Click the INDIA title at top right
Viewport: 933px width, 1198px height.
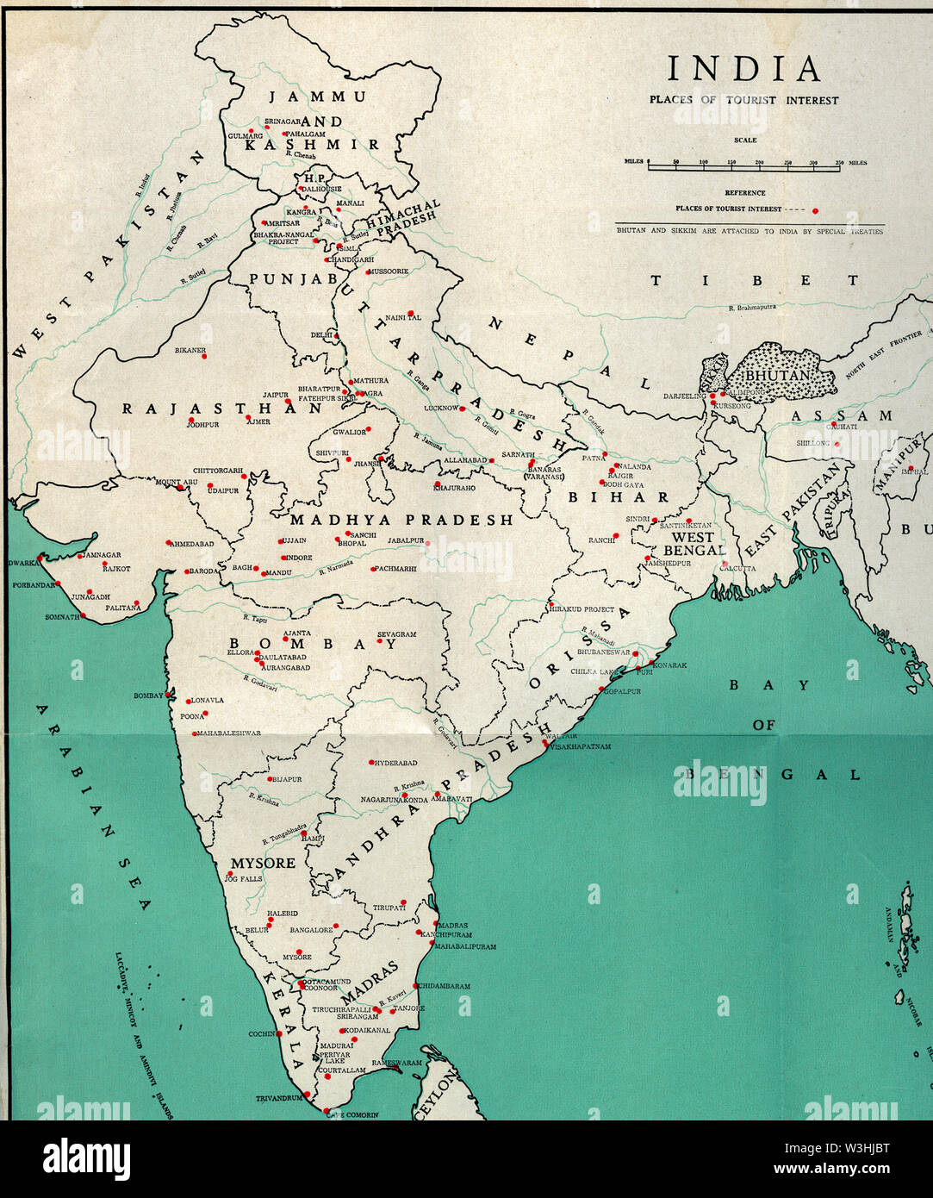(743, 69)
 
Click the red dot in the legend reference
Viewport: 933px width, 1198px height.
(815, 209)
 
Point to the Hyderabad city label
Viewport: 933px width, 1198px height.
(396, 764)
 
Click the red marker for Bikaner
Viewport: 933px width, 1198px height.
(204, 356)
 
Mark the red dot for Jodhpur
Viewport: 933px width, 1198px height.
(191, 421)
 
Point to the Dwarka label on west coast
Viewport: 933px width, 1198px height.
(23, 563)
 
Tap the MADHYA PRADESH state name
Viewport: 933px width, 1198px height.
(401, 521)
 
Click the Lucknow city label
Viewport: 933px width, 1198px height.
(440, 408)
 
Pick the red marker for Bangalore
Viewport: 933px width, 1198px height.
(337, 927)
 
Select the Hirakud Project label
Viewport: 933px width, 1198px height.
(582, 609)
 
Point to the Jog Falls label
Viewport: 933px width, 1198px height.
(243, 879)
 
